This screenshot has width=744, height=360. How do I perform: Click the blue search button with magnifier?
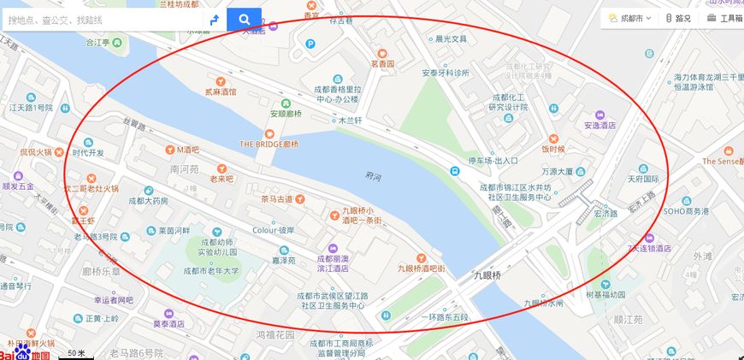(244, 19)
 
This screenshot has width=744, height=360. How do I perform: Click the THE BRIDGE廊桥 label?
(269, 145)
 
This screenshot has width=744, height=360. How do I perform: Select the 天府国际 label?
(643, 180)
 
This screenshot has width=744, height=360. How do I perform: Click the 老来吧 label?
(221, 180)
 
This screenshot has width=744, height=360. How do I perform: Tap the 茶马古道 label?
(276, 198)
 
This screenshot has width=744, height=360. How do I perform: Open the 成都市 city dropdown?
(630, 18)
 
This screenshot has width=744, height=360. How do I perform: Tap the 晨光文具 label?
(451, 39)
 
